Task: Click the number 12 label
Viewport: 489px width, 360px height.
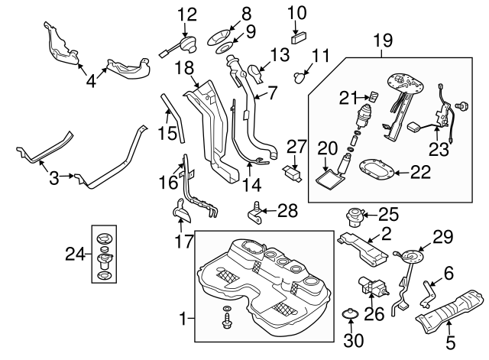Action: click(x=187, y=14)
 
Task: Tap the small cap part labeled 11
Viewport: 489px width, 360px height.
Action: click(x=300, y=76)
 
